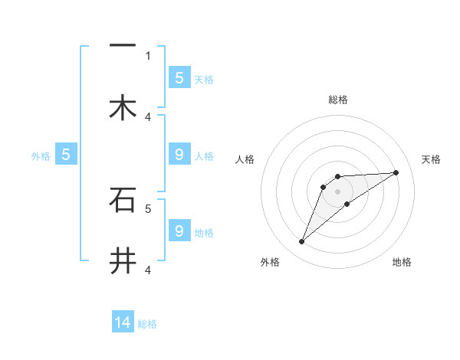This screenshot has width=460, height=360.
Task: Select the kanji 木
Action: tap(123, 108)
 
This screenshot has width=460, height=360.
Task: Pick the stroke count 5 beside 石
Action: tap(148, 208)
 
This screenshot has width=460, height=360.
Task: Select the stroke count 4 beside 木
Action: tap(148, 116)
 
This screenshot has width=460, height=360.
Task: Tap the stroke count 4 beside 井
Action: tap(148, 269)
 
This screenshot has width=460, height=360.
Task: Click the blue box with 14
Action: tap(123, 322)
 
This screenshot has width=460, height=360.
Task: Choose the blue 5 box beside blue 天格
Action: tap(179, 77)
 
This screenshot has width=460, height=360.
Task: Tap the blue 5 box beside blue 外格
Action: tap(66, 154)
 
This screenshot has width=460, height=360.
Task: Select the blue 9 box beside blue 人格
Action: tap(179, 155)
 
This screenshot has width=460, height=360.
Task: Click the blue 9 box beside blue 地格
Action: tap(179, 231)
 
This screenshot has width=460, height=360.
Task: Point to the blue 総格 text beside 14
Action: tap(147, 324)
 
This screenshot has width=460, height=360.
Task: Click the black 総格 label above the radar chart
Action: tap(338, 100)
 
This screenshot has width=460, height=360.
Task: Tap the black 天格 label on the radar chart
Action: tap(432, 159)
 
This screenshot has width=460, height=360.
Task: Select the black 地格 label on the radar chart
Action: tap(402, 262)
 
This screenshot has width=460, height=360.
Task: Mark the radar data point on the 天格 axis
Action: tap(396, 172)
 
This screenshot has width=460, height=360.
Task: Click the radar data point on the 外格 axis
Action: tap(302, 242)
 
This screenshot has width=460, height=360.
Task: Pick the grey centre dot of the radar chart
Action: tap(338, 191)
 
